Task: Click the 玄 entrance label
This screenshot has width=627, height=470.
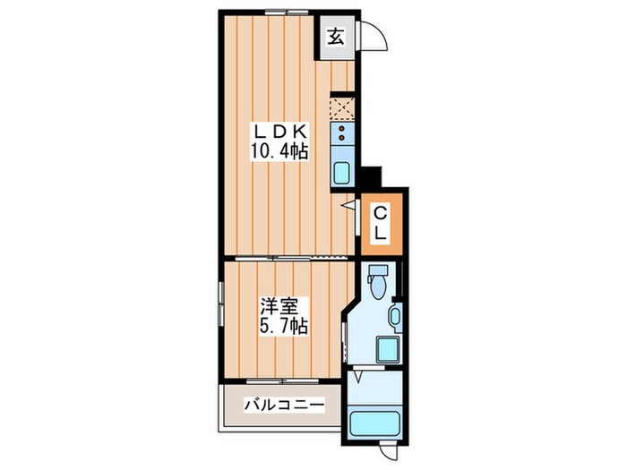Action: pos(336,37)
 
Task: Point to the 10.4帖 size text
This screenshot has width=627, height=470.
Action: pos(279,152)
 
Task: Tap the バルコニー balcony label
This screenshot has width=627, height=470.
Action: pos(284,406)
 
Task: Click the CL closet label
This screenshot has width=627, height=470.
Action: pos(380,224)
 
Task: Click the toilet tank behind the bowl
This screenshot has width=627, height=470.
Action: pos(376,270)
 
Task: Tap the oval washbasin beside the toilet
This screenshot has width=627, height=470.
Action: pos(394,316)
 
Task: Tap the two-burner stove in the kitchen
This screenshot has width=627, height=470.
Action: pos(341,135)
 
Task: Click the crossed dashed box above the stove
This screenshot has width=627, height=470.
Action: pos(341,108)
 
